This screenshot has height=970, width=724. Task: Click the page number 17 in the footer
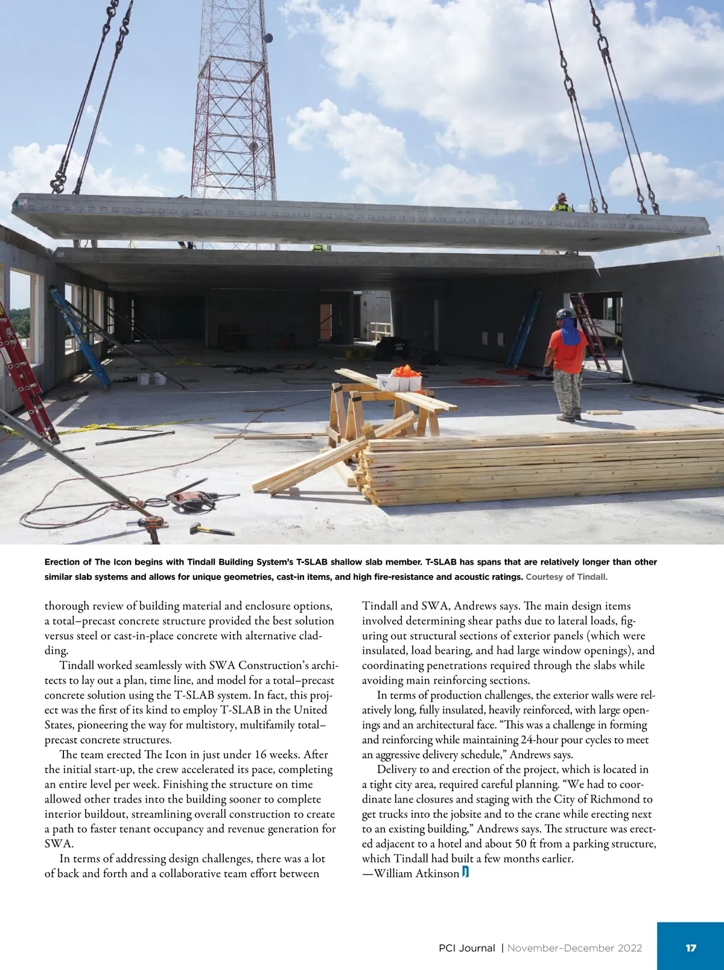coord(691,948)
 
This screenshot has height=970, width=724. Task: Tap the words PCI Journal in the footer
coord(467,948)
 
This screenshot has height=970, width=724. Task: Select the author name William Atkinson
coord(416,873)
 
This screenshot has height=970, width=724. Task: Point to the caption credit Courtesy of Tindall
coord(567,577)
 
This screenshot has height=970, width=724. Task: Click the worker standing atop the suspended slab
coord(562,202)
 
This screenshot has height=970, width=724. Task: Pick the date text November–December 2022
coord(574,948)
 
